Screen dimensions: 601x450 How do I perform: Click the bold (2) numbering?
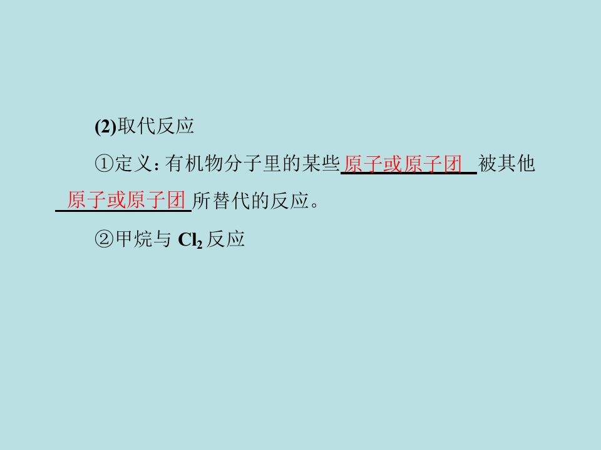[x=105, y=126]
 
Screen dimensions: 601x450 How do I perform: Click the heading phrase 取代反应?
[x=156, y=126]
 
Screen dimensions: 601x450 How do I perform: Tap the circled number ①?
[x=105, y=164]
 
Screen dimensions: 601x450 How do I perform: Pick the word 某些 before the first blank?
[x=321, y=163]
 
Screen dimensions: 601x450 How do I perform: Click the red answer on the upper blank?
[x=403, y=164]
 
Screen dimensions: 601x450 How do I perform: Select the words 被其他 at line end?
[x=506, y=163]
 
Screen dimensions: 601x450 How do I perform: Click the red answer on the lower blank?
[x=126, y=200]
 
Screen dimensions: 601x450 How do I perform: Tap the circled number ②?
[x=105, y=239]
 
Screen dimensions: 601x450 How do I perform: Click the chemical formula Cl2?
[x=190, y=240]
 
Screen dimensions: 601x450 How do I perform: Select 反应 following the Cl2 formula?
[x=226, y=239]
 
